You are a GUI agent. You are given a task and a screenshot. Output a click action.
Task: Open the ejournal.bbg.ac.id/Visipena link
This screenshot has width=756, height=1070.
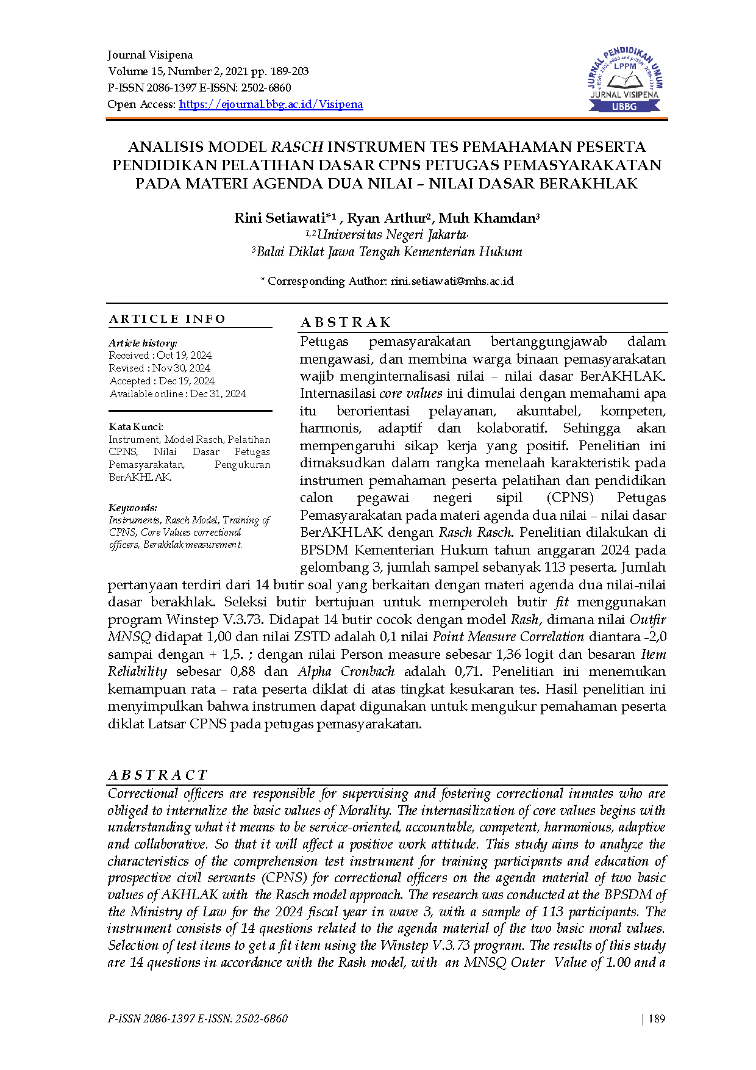[x=271, y=104]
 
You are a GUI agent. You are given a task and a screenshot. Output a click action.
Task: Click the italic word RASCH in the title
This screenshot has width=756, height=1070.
[x=297, y=147]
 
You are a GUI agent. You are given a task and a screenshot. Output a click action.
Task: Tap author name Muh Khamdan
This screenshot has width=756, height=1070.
[x=487, y=218]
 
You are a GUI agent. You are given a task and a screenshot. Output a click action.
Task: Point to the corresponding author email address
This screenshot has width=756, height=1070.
[x=452, y=281]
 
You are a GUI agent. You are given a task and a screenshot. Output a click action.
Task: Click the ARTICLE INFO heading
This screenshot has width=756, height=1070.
[x=168, y=319]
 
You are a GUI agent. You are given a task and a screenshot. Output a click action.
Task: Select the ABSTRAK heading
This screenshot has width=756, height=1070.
[x=346, y=323]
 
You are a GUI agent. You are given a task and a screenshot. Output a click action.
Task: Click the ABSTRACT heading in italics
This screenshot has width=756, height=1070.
[x=158, y=775]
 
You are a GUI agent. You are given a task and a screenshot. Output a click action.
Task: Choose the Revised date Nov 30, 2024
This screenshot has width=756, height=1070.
[x=181, y=368]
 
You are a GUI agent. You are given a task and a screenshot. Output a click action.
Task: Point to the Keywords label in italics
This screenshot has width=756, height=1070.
[x=133, y=508]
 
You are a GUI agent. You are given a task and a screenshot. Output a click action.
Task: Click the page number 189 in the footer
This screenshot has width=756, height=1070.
[x=657, y=1018]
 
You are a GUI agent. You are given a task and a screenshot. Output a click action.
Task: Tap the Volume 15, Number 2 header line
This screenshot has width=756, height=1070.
[x=208, y=71]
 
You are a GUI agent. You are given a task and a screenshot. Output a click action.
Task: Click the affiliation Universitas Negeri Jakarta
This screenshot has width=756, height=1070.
[x=391, y=235]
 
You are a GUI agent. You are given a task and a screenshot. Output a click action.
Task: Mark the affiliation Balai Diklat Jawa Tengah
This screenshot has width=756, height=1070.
[x=389, y=252]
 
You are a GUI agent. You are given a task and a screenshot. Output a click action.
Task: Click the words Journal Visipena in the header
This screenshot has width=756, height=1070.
[x=150, y=55]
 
